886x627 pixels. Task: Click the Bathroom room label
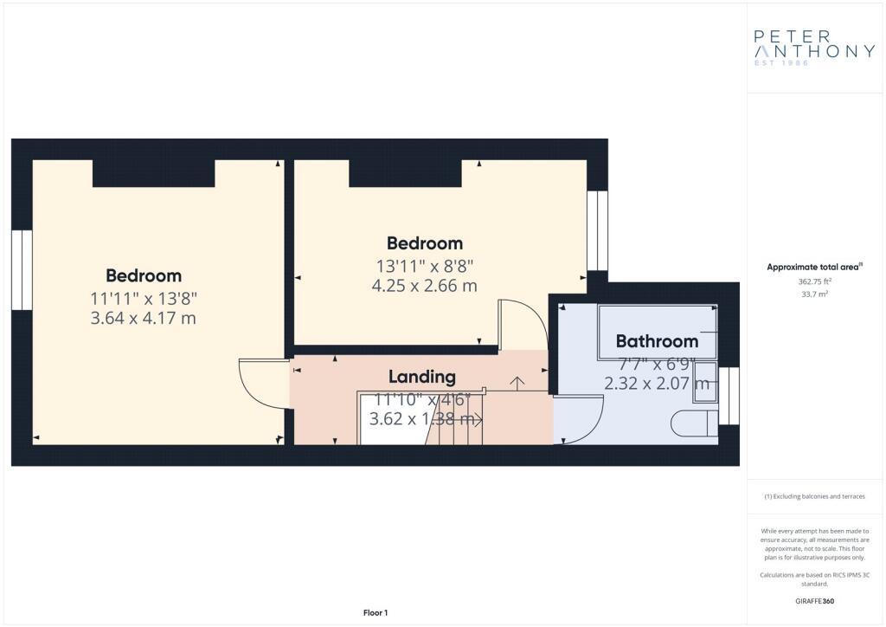pyautogui.click(x=657, y=341)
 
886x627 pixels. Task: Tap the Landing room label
pyautogui.click(x=421, y=377)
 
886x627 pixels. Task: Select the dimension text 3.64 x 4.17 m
pyautogui.click(x=143, y=318)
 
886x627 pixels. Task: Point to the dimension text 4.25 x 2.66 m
pyautogui.click(x=424, y=286)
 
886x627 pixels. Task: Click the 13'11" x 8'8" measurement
pyautogui.click(x=424, y=265)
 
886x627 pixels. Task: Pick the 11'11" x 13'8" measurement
pyautogui.click(x=143, y=298)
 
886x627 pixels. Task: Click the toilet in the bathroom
pyautogui.click(x=695, y=423)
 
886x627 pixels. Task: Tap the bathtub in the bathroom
pyautogui.click(x=658, y=333)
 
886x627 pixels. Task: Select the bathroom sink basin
pyautogui.click(x=705, y=382)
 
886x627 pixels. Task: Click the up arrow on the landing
pyautogui.click(x=517, y=384)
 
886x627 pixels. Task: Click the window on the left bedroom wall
pyautogui.click(x=22, y=269)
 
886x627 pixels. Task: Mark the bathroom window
pyautogui.click(x=729, y=396)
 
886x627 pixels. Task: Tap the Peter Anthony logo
pyautogui.click(x=814, y=48)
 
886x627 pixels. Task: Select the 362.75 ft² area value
pyautogui.click(x=814, y=281)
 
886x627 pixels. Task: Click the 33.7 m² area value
pyautogui.click(x=814, y=294)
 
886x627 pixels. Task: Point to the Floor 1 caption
pyautogui.click(x=376, y=613)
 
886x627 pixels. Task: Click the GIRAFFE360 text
pyautogui.click(x=814, y=601)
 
